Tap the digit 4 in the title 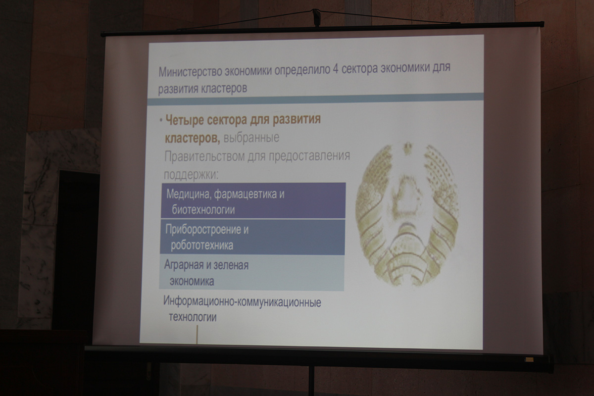(x=335, y=69)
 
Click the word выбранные (x=251, y=138)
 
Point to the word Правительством (x=204, y=157)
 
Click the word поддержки (x=191, y=175)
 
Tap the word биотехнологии (x=203, y=210)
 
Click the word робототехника (x=202, y=246)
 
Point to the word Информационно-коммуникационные (x=242, y=302)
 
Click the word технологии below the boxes (x=193, y=317)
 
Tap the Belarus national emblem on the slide (x=407, y=214)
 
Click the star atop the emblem (x=407, y=149)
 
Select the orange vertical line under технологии (x=197, y=335)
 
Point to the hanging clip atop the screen (x=316, y=17)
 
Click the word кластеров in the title (x=224, y=89)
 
